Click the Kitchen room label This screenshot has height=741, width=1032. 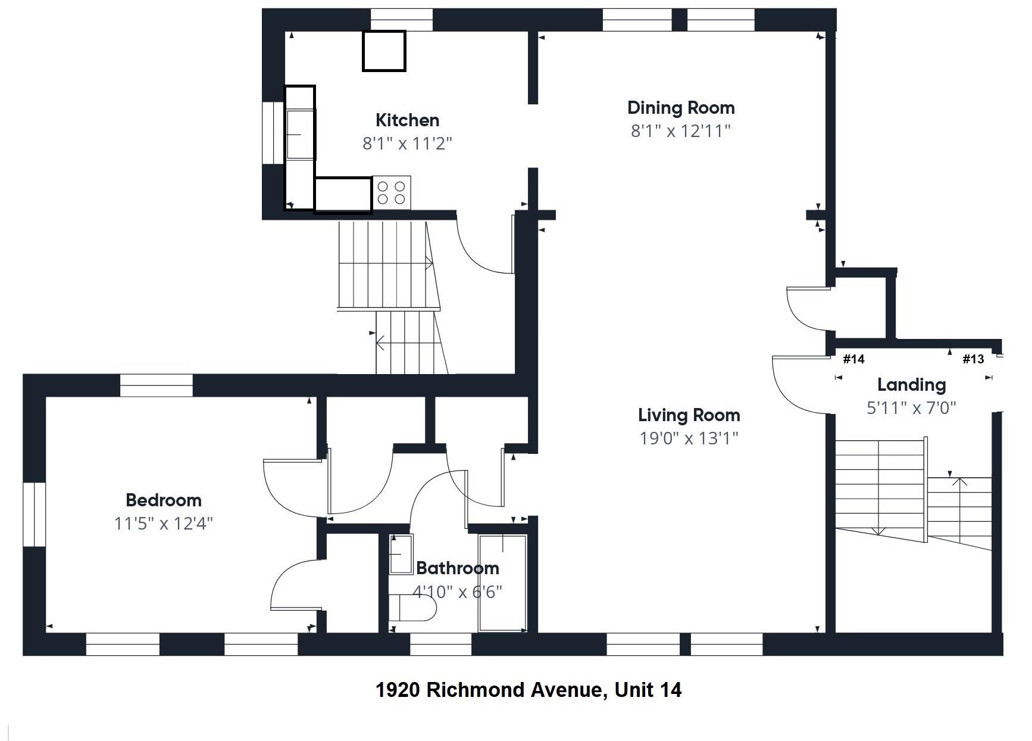(x=408, y=120)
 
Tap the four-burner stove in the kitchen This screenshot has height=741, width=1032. (x=392, y=193)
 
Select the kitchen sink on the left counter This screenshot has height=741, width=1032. (x=300, y=135)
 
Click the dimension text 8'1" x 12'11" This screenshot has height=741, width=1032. (x=680, y=131)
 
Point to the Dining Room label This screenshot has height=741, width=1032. (x=681, y=108)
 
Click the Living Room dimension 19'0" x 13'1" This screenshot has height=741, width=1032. (x=689, y=438)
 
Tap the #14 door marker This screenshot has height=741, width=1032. (x=853, y=359)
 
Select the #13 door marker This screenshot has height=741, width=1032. (x=973, y=359)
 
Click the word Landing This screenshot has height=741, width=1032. (x=911, y=385)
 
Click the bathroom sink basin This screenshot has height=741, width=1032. (x=401, y=555)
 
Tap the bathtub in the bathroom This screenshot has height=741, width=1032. (x=503, y=583)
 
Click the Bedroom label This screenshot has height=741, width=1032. (x=164, y=500)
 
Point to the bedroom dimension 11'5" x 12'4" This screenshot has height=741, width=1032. (x=164, y=524)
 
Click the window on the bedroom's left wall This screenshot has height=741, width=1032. (x=35, y=514)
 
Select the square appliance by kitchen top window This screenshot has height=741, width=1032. (x=384, y=51)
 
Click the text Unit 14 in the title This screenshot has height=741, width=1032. (x=648, y=690)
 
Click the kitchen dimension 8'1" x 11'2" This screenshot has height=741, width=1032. (x=408, y=144)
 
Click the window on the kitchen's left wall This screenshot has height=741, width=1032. (x=274, y=133)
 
